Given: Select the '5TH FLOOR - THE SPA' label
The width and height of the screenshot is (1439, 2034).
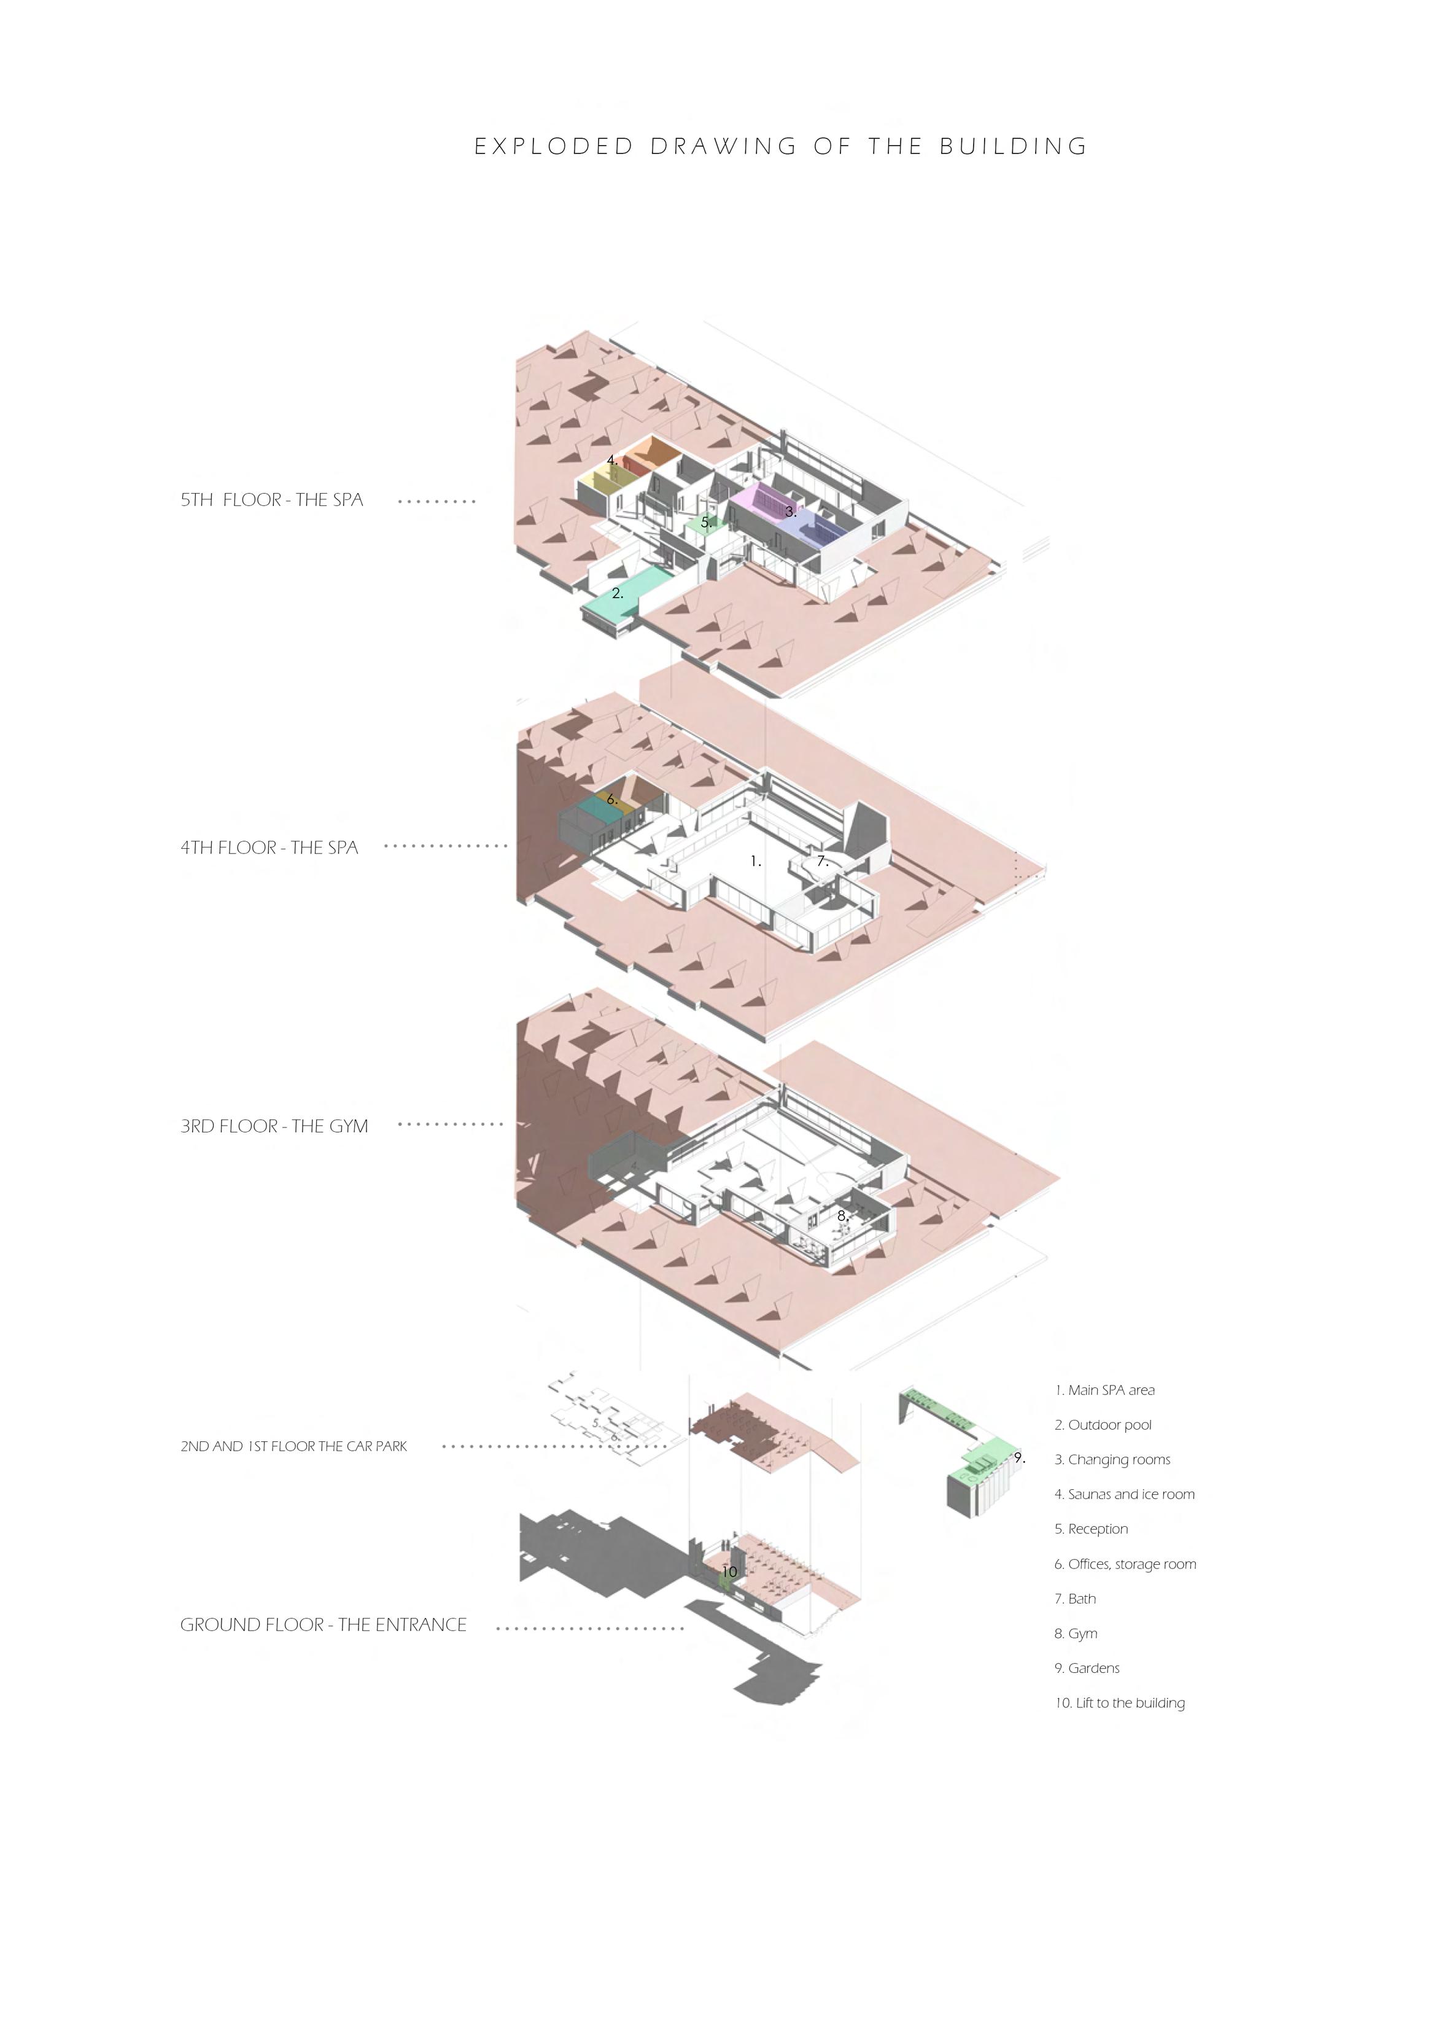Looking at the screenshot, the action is point(272,500).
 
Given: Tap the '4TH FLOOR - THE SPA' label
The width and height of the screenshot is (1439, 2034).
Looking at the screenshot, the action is point(270,847).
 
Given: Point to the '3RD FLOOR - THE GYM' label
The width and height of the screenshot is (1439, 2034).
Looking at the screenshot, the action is point(274,1126).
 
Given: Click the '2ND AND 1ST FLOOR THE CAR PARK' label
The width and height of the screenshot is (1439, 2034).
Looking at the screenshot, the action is point(293,1446).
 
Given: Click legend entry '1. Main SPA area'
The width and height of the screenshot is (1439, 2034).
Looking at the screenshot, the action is point(1105,1390).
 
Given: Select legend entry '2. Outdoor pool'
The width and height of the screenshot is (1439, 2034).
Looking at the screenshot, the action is point(1103,1425).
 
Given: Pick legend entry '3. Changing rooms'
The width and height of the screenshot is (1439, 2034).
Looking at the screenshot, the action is point(1113,1460).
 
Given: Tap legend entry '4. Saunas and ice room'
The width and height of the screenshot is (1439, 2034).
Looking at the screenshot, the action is point(1125,1494).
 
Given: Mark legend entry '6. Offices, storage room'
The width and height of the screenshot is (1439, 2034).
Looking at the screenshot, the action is point(1125,1564).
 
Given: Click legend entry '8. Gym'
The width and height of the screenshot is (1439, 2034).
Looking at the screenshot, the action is point(1076,1634).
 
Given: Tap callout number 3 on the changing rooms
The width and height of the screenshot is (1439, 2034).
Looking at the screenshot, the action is point(790,512).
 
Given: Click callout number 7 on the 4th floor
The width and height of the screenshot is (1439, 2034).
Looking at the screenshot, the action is point(821,860).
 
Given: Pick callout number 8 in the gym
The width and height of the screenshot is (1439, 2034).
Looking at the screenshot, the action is point(843,1216).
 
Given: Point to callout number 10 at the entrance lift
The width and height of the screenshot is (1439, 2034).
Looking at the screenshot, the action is point(729,1572).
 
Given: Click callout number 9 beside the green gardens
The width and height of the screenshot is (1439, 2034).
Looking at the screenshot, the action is point(1019,1458).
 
